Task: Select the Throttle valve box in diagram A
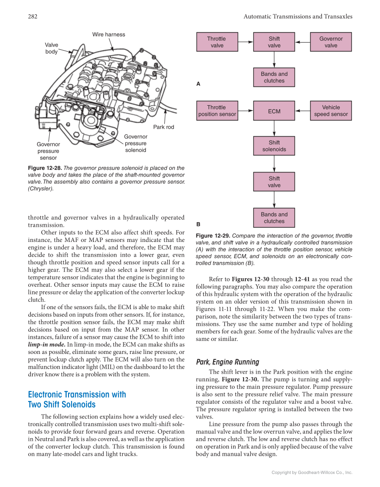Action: (217, 42)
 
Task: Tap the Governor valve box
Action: (331, 42)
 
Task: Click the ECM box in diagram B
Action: (274, 111)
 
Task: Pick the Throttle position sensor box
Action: (217, 111)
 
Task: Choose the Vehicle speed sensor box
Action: (331, 111)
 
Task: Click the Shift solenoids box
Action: (274, 146)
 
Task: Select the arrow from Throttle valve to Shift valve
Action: (245, 42)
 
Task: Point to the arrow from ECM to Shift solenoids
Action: (274, 129)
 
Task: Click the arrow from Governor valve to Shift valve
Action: (303, 42)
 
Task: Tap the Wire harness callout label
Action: (109, 34)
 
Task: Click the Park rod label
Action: (163, 127)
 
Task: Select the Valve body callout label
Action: (51, 48)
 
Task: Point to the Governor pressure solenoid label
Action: (136, 143)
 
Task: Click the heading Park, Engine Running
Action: (227, 362)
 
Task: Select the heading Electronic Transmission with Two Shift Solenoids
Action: (77, 400)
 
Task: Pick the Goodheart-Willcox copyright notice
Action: (312, 472)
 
